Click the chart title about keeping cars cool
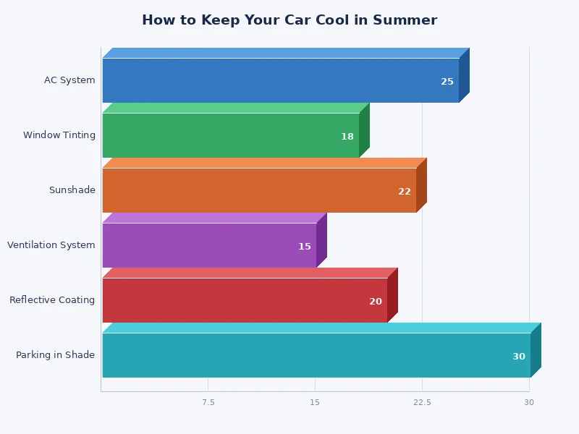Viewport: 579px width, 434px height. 289,20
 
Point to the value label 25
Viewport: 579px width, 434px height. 447,82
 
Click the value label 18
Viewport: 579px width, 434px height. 347,137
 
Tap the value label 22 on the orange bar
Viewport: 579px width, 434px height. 405,192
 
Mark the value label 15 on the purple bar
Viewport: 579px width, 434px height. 305,247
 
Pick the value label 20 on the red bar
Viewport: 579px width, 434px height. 376,302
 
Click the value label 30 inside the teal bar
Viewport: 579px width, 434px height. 519,357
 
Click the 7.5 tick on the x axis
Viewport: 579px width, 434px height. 208,402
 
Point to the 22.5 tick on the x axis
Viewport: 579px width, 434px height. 423,402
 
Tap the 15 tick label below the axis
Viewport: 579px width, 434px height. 315,402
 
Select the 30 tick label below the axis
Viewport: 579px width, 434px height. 529,402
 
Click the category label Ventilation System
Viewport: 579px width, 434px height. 51,245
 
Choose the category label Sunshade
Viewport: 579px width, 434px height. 72,190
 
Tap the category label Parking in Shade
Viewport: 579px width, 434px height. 56,355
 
